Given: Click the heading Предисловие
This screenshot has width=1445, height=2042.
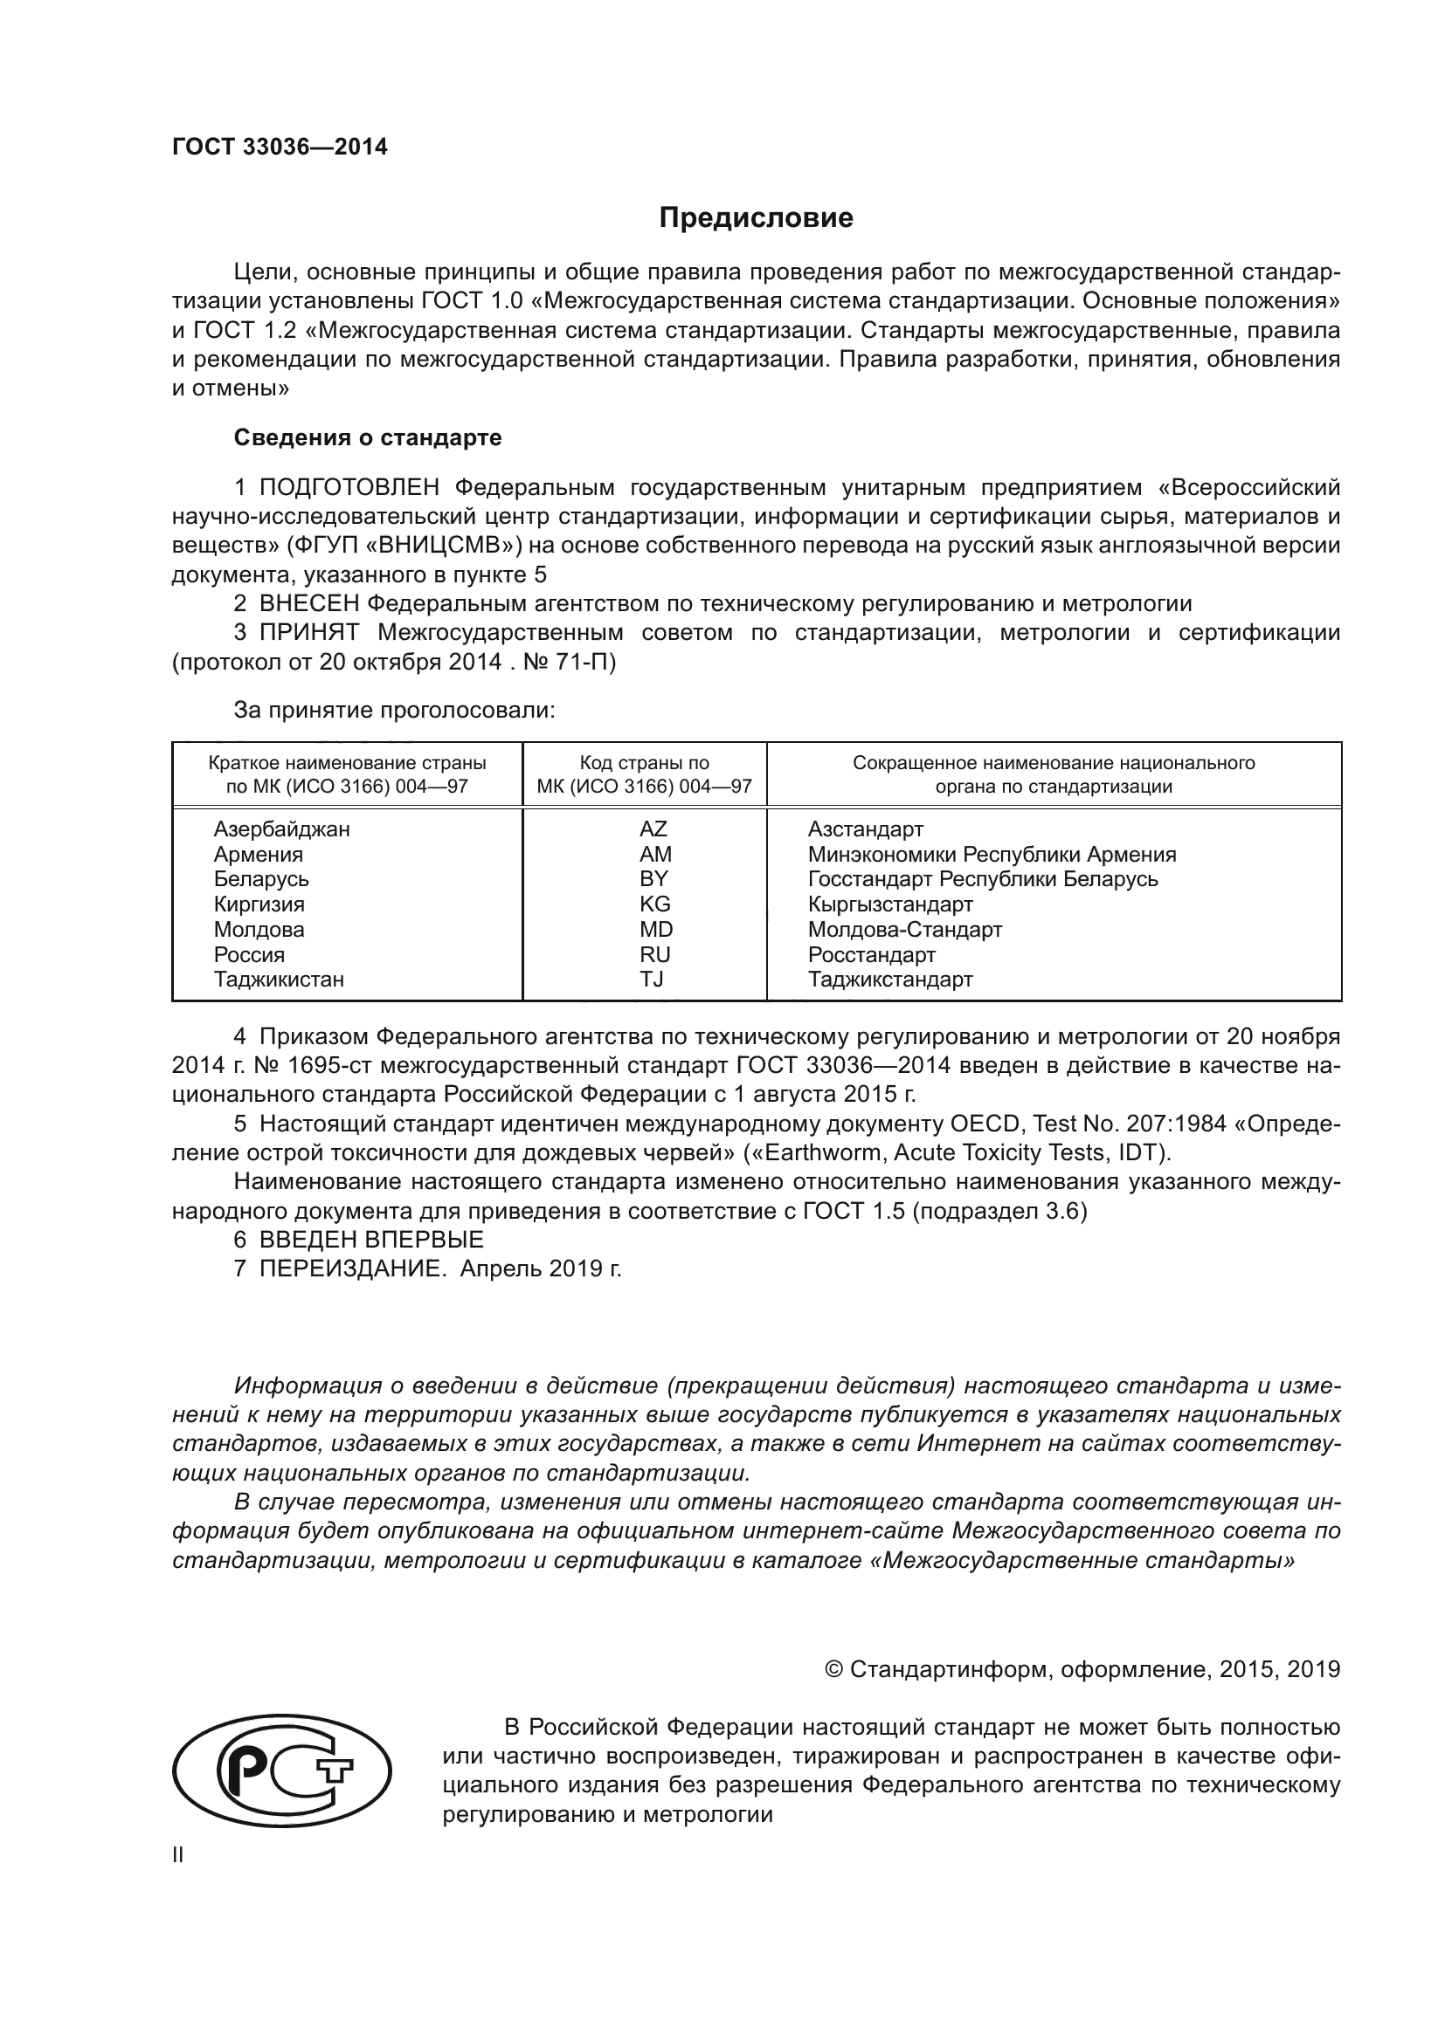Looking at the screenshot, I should (756, 218).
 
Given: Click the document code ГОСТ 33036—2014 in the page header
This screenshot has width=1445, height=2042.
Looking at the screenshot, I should (280, 148).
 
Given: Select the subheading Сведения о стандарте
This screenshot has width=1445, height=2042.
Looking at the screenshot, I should (368, 437).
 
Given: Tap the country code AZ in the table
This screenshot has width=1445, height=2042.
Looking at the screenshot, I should (653, 828).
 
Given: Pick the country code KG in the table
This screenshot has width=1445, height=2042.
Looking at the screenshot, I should (654, 904).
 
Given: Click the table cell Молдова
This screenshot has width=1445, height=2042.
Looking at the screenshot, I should (258, 930).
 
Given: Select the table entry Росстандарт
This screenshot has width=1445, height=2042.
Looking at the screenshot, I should (871, 954).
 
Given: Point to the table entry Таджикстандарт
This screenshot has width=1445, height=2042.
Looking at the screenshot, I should (889, 980).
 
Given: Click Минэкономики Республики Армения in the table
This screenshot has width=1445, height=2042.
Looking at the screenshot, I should (992, 855).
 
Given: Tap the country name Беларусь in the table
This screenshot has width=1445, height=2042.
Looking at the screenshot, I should (260, 879).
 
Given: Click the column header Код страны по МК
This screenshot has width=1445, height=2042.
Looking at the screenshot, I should (644, 774).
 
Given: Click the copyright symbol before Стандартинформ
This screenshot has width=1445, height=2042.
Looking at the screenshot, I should (833, 1669).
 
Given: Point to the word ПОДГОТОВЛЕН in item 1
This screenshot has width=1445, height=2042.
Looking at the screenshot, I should (349, 487).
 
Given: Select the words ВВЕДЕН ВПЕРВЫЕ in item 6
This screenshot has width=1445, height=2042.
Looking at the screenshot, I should (371, 1240).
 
